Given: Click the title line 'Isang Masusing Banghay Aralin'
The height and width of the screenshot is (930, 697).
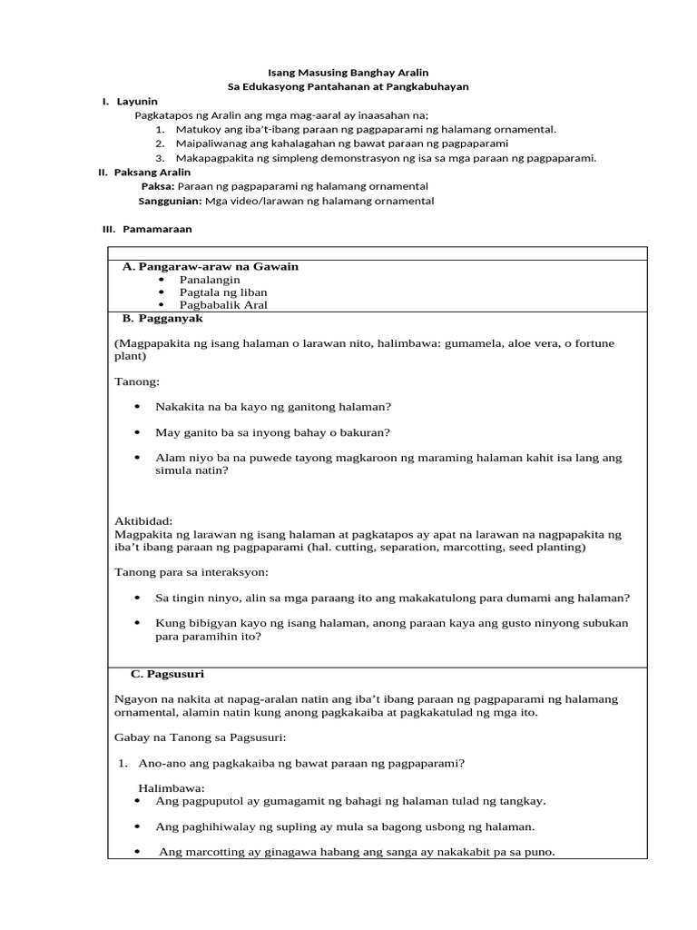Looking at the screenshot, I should point(348,71).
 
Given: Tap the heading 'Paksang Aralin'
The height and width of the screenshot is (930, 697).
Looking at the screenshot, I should point(148,172).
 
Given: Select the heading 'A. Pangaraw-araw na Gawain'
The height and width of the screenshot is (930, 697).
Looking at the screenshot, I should point(211,266).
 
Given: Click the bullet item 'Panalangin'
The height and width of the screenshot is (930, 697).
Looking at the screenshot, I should point(210,280).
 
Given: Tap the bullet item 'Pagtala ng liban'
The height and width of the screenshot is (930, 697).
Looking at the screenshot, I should point(223,292).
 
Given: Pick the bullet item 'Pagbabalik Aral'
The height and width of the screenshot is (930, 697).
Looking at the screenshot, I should point(223,305).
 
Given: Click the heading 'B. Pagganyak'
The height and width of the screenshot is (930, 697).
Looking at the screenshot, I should point(162,318).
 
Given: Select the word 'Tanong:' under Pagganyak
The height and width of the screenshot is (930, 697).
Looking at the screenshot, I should point(137,381).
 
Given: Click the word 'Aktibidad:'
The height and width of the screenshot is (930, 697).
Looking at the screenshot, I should point(143,521).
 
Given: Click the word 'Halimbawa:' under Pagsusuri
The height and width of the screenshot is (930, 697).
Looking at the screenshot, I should point(172,787).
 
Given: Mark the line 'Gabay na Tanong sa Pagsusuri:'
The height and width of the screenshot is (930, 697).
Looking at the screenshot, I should point(201,737).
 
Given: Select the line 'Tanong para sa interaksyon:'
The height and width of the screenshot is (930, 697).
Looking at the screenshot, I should point(191,572).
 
